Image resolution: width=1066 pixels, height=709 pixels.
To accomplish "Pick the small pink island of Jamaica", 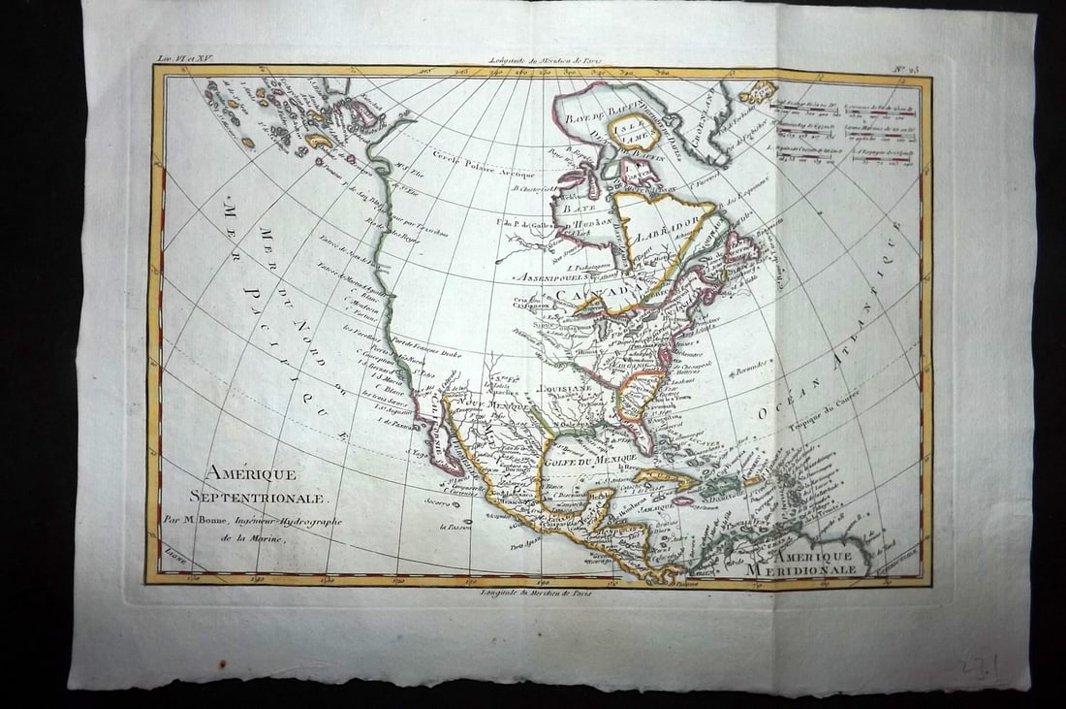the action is tap(682, 500).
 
